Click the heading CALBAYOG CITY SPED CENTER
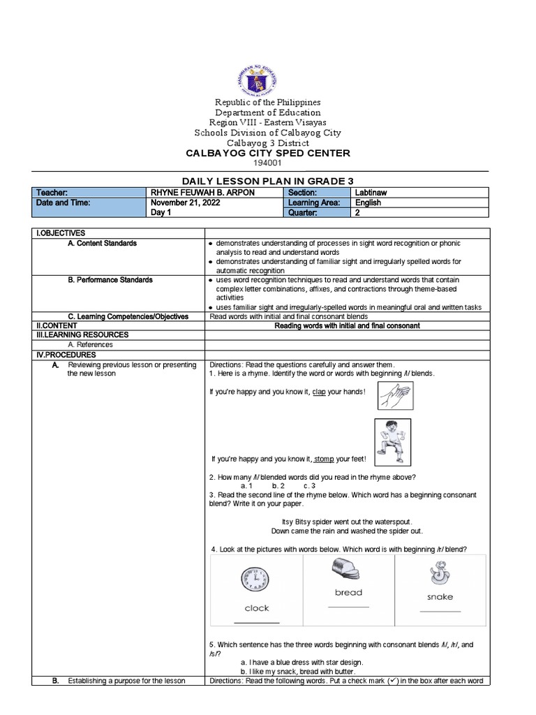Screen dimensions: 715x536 click(x=267, y=153)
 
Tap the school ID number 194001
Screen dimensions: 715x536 click(x=267, y=163)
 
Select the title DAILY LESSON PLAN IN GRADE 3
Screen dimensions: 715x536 click(x=267, y=181)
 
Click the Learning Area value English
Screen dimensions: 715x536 click(x=368, y=202)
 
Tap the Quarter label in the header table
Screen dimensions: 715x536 click(x=302, y=213)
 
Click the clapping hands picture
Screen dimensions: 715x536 click(x=396, y=396)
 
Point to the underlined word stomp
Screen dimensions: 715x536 click(x=324, y=459)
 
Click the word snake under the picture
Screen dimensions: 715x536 click(x=440, y=597)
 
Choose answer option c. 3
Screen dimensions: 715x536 click(x=309, y=485)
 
